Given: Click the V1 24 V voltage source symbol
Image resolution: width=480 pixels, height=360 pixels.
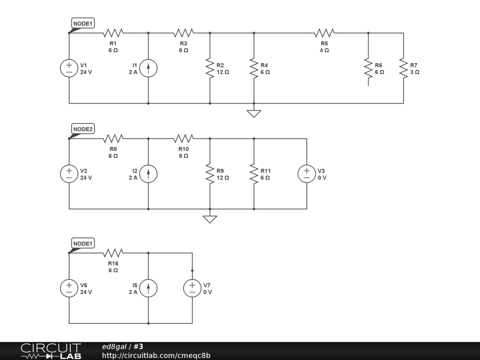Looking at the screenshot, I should point(69,68).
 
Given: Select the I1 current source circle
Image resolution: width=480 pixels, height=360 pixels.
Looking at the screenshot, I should point(149,68).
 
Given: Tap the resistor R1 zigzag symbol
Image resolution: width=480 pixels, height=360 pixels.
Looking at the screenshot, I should point(113,33).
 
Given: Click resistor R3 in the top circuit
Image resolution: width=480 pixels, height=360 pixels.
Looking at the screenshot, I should point(183,33).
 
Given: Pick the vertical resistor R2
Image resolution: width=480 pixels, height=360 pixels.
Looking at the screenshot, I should point(210,68).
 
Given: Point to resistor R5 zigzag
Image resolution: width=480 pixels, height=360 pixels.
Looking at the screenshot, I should point(324,33).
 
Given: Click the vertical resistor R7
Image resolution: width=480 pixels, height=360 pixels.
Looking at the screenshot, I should point(403,68).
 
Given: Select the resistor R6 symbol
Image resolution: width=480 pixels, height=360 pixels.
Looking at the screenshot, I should point(368,68).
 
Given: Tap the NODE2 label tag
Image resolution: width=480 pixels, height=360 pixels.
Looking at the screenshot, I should point(83,129).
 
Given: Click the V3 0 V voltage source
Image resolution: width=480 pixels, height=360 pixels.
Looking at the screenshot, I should point(307,174).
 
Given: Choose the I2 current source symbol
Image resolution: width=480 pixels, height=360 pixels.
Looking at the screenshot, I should point(149,174).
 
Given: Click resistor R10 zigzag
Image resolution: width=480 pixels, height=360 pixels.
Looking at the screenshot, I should point(183,138).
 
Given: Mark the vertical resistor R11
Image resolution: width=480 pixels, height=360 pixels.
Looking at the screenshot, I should point(254,174).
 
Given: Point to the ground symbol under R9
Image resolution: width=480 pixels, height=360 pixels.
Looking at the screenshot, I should point(210,218).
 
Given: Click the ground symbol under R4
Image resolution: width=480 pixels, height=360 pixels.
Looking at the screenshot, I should point(254,113).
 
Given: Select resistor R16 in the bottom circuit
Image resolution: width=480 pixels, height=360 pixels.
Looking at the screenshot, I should point(113,253).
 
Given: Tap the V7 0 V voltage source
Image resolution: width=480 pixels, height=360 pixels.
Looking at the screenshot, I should point(192,288).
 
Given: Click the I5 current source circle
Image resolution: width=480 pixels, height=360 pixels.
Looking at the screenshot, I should point(149,288).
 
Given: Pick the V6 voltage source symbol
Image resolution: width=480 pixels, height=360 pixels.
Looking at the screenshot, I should point(69,288).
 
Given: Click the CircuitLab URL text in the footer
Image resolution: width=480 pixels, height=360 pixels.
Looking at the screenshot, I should point(156,355).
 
